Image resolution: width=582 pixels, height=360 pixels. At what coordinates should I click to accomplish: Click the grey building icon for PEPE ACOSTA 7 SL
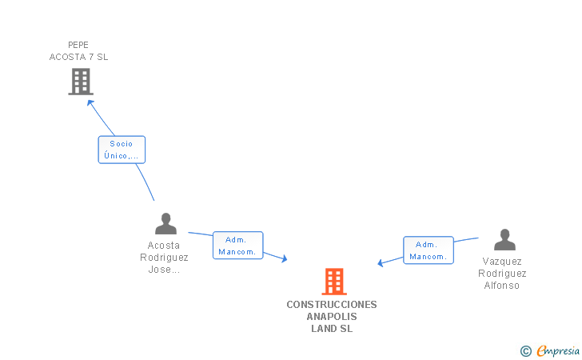(81, 82)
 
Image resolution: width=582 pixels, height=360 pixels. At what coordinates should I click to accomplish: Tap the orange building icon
(333, 282)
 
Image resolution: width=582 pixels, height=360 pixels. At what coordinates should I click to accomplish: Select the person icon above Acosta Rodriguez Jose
(165, 224)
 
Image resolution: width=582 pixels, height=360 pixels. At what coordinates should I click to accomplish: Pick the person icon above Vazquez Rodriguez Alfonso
(504, 240)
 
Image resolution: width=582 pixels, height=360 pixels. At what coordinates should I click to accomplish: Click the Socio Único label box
(122, 150)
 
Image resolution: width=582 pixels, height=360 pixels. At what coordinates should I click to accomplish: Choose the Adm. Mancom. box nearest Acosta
(237, 246)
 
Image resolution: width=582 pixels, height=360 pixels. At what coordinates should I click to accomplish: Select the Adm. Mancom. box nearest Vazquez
(428, 250)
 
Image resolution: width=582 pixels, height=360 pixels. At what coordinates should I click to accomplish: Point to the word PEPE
(78, 45)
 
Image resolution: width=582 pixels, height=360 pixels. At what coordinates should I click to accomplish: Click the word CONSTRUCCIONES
(332, 305)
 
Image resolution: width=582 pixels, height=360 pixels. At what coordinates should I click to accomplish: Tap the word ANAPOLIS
(332, 317)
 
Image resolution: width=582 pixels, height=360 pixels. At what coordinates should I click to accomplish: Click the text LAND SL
(332, 329)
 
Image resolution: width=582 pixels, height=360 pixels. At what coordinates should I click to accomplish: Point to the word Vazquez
(502, 262)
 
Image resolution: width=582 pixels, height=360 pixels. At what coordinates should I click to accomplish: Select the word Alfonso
(502, 286)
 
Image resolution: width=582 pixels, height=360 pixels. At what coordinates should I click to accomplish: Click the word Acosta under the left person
(164, 246)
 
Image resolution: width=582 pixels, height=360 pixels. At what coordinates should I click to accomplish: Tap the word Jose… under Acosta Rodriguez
(164, 270)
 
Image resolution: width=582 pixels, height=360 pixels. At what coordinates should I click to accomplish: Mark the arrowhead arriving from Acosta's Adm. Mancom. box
(283, 258)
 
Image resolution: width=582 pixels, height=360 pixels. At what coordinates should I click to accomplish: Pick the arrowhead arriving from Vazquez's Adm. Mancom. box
(381, 263)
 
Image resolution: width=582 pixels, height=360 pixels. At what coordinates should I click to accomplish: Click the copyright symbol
(525, 350)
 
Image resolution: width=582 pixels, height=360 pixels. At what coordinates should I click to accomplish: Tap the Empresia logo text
(558, 350)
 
